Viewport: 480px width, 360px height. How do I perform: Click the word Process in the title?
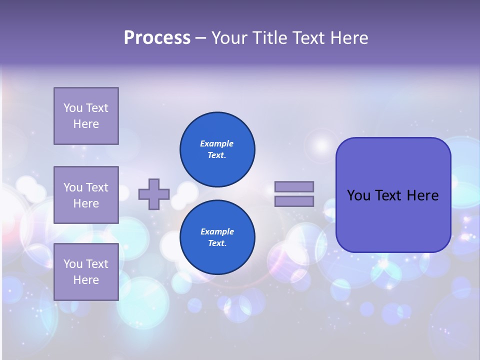coord(157,38)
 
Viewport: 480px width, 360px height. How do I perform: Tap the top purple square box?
coord(86,116)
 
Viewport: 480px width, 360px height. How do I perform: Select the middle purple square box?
coord(86,195)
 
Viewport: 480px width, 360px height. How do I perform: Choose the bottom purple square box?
coord(86,272)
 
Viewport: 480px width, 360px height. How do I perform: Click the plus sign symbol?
coord(154,194)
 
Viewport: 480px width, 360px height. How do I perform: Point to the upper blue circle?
coord(217,149)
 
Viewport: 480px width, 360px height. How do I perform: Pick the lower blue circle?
coord(217,237)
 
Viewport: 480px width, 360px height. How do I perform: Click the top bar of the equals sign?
coord(294,186)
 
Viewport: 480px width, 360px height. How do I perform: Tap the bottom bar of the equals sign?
coord(294,201)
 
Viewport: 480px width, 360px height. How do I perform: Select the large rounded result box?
coord(393,220)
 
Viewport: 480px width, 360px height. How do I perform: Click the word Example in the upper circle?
coord(217,143)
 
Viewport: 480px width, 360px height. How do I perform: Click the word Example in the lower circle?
coord(217,231)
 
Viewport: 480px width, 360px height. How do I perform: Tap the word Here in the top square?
coord(86,124)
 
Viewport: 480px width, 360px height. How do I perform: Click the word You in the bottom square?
coord(73,264)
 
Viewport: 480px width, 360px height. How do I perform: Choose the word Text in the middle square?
coord(97,187)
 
